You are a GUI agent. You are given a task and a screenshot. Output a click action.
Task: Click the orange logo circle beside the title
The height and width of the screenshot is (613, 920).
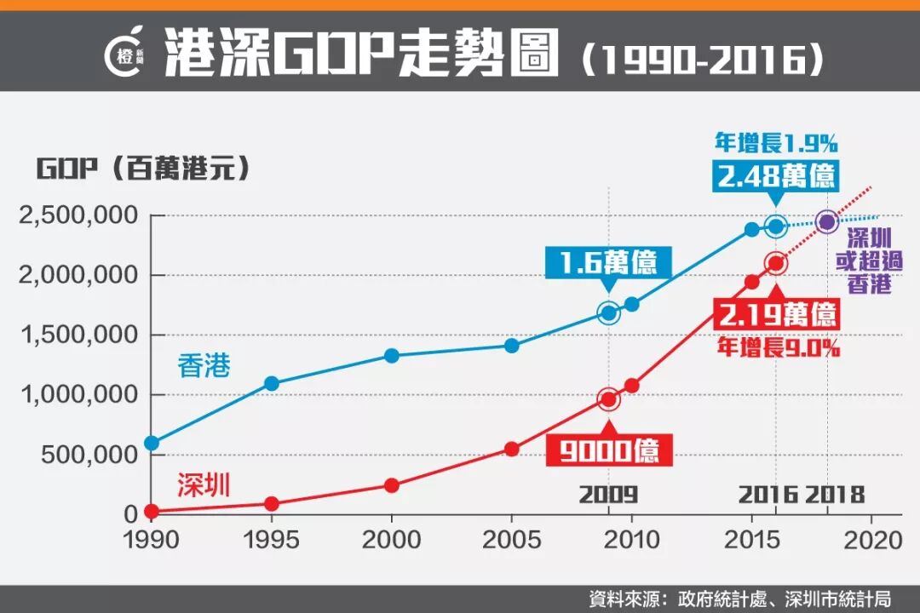(126, 53)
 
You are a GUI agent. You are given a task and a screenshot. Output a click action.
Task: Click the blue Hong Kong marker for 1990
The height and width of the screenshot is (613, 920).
(152, 443)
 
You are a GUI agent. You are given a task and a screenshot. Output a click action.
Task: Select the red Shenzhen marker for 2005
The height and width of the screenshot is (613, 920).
(511, 449)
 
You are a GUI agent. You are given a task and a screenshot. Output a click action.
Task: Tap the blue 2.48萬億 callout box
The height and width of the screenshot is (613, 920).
(776, 177)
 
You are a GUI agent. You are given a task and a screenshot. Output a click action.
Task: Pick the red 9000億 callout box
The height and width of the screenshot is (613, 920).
(609, 450)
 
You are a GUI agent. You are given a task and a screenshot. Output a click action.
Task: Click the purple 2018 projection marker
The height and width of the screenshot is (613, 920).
(826, 221)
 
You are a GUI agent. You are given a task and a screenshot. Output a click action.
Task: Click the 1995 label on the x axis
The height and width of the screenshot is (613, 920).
(272, 540)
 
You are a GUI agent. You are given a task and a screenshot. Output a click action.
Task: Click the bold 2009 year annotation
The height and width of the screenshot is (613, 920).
(608, 495)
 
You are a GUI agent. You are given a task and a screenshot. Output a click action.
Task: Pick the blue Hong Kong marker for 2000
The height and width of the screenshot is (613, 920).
(392, 355)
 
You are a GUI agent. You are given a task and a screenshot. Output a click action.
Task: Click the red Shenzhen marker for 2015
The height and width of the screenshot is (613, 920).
(752, 282)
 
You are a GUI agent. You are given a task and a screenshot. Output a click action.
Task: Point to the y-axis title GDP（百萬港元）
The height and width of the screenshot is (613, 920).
(143, 168)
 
